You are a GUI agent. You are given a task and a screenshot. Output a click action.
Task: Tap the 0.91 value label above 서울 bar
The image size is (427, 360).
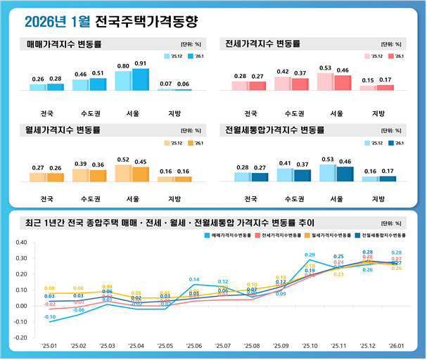140,63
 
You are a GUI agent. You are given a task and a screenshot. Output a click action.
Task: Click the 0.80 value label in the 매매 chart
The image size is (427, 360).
123,66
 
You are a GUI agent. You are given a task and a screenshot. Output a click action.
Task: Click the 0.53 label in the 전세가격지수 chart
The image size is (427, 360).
325,68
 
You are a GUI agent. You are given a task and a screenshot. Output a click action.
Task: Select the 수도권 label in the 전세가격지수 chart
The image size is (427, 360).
293,112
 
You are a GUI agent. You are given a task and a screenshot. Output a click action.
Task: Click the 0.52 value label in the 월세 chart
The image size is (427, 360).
123,160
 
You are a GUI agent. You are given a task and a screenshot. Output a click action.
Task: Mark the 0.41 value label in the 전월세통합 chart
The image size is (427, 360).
285,163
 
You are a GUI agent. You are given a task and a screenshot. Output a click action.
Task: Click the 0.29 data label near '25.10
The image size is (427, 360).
310,255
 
